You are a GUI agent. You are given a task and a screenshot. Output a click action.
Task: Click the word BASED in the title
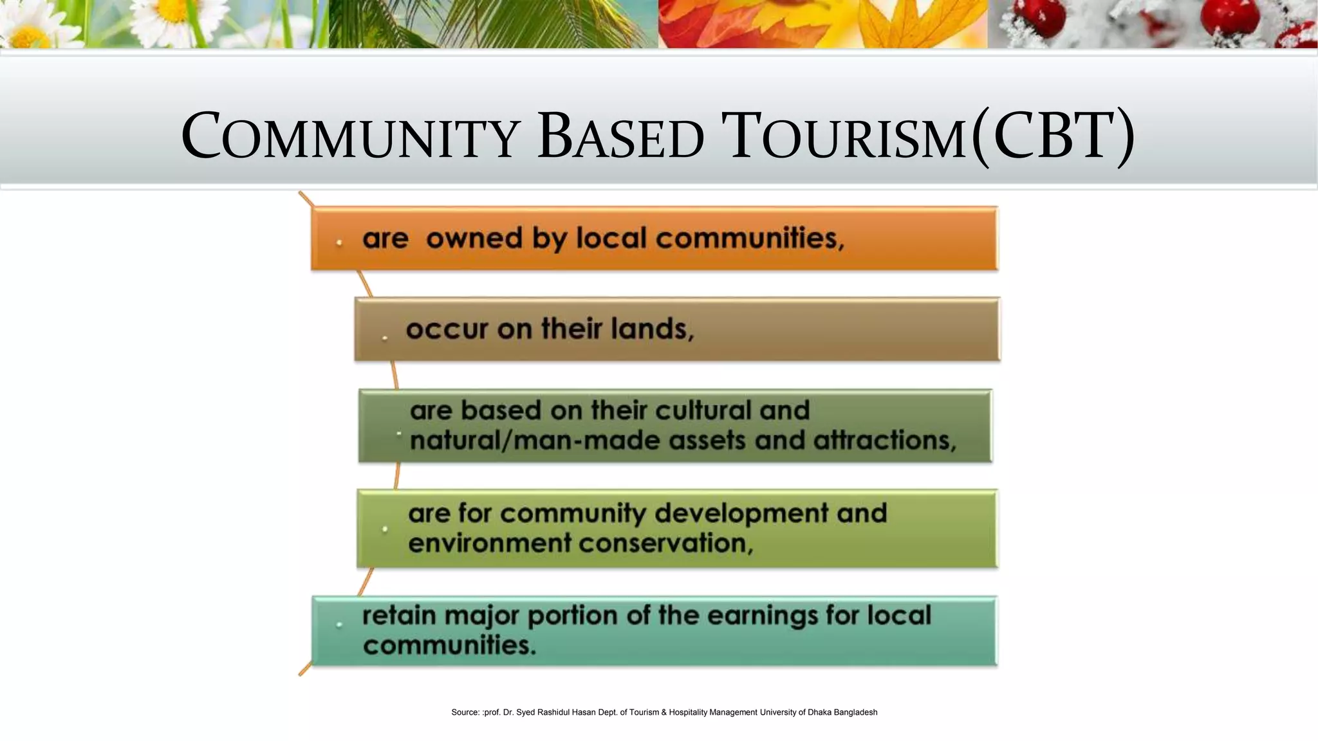(x=620, y=137)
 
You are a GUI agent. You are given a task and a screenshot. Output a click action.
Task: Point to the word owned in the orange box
(x=474, y=239)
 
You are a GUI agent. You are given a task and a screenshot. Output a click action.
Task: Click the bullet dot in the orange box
(x=339, y=242)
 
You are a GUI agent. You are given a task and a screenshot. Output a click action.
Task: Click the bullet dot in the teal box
(x=339, y=624)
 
